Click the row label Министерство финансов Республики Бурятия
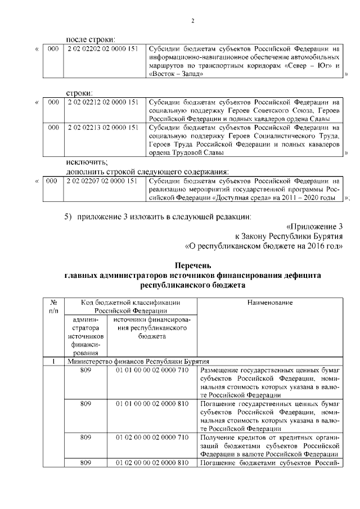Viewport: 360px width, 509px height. click(138, 361)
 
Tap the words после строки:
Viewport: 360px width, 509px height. click(91, 39)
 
